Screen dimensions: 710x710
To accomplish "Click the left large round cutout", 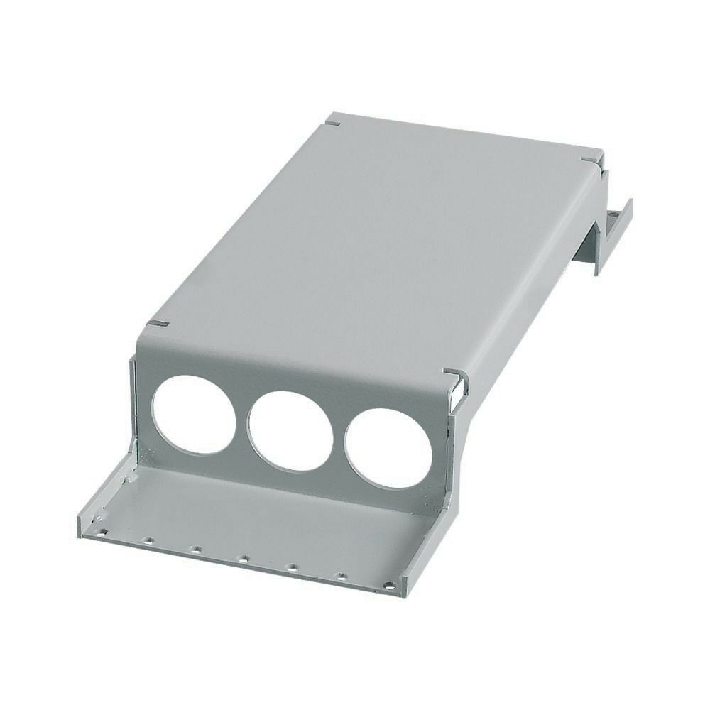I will tap(194, 415).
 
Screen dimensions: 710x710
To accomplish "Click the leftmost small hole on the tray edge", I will tap(103, 530).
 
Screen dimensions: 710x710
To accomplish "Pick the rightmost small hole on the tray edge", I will tap(388, 586).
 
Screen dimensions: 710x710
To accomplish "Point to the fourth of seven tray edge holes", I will tap(242, 558).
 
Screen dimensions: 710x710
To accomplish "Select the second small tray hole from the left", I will tap(148, 540).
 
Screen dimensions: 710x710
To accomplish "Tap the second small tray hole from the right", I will tap(341, 577).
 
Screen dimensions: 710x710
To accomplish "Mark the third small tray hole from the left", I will tap(195, 549).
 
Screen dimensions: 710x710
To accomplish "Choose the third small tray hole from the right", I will tap(291, 567).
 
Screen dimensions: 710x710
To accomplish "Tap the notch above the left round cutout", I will tap(158, 324).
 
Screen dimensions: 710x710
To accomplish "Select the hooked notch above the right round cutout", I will tap(453, 374).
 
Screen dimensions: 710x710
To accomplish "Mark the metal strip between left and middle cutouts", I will tap(242, 419).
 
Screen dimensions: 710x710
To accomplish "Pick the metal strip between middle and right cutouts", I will tap(339, 437).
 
